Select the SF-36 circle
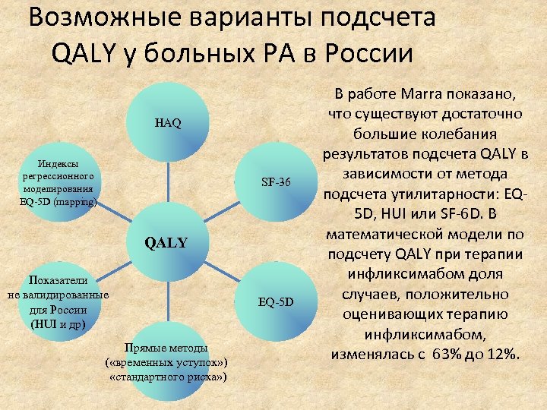(x=273, y=182)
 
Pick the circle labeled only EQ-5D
(x=275, y=302)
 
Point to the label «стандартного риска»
(x=168, y=377)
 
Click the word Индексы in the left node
(x=58, y=163)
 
